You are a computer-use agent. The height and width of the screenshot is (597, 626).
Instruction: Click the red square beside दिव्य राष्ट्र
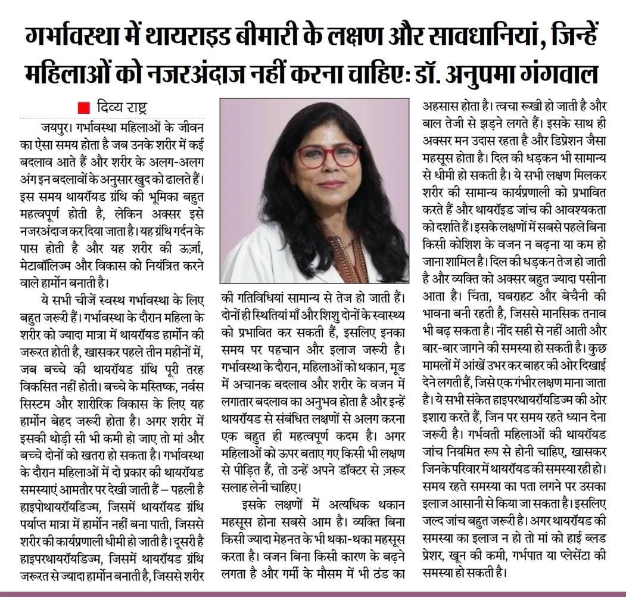[84, 108]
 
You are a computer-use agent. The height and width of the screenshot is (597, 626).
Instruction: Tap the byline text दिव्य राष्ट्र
[121, 108]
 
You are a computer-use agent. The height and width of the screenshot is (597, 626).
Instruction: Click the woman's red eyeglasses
[328, 156]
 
